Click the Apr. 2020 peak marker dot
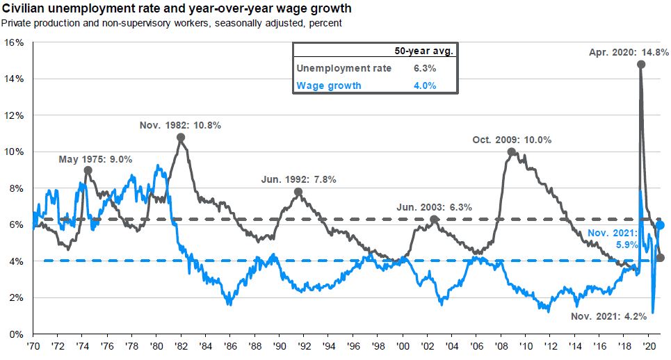click(640, 64)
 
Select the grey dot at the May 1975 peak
click(88, 170)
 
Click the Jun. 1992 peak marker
click(298, 192)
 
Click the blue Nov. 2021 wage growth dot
click(660, 225)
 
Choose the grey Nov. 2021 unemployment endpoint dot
click(660, 258)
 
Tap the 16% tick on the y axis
click(14, 42)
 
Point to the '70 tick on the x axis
click(33, 345)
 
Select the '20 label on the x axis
click(648, 345)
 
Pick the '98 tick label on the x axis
click(378, 345)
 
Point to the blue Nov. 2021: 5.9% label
click(611, 239)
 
